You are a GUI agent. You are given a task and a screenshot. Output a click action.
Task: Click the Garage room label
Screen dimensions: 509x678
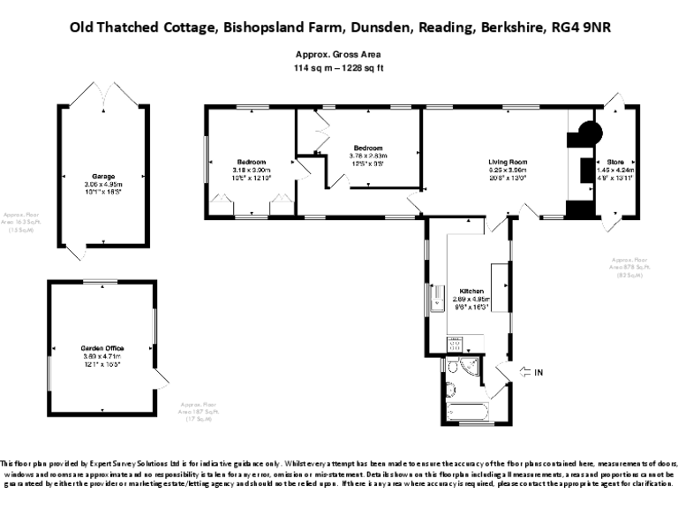tap(103, 176)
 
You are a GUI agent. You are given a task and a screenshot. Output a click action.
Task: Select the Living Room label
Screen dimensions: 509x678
tap(508, 162)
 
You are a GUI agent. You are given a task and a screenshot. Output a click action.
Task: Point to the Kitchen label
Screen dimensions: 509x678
tap(471, 291)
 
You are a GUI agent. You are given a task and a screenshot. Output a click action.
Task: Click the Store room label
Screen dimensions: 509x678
tap(614, 162)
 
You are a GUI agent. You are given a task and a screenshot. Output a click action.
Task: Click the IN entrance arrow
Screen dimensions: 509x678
tap(529, 372)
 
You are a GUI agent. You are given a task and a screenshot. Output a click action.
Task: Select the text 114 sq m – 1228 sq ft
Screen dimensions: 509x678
tap(339, 67)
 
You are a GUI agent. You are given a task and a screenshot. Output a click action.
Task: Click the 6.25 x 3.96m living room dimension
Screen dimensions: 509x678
tap(508, 170)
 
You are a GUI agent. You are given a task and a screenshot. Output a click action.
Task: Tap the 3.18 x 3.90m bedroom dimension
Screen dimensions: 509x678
tap(251, 170)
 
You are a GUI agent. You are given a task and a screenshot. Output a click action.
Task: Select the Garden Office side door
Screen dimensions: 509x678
tap(160, 380)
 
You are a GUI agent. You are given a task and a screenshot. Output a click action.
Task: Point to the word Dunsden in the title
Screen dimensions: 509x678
tap(384, 27)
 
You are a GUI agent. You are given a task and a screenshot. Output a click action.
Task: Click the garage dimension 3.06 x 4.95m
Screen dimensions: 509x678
tap(103, 183)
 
